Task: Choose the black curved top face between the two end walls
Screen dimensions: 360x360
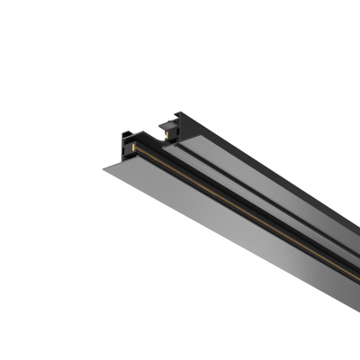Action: [x=148, y=130]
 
